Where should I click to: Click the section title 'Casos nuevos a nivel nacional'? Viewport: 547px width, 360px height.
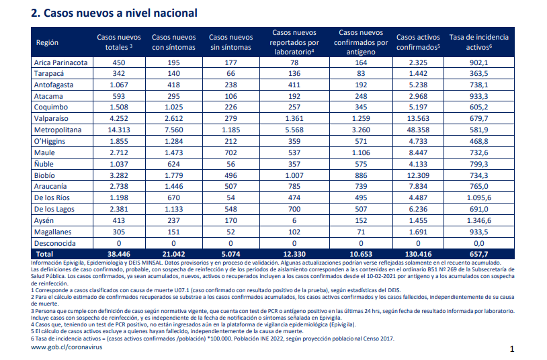[120, 13]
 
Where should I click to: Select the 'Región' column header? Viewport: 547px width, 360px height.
[47, 42]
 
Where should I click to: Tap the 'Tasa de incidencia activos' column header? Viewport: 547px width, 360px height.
[479, 42]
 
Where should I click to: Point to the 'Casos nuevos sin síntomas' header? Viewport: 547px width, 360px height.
[230, 42]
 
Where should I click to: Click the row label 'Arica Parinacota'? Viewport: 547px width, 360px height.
[60, 62]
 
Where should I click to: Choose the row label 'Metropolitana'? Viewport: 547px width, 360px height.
[58, 130]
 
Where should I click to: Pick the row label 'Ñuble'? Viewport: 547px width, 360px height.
[44, 164]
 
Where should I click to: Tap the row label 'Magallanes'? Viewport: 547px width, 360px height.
[52, 232]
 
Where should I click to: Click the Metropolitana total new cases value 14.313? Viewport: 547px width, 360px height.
[119, 130]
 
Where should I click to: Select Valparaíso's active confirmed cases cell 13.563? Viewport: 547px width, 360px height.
[418, 119]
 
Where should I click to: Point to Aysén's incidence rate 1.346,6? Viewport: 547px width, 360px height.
[479, 220]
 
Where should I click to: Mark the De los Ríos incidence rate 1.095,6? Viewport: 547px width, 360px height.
[479, 197]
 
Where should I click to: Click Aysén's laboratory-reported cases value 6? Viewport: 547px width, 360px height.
[294, 220]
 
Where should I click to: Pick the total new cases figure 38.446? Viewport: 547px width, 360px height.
[119, 255]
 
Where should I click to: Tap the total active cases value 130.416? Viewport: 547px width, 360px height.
[418, 255]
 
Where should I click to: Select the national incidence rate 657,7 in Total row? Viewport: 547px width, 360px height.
[479, 255]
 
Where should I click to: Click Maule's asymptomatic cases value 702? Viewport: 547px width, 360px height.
[230, 152]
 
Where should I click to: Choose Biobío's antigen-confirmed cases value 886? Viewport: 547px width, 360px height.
[361, 175]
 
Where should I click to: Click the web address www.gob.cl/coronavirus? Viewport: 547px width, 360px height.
[67, 347]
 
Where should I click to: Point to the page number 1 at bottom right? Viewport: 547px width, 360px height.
[512, 349]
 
